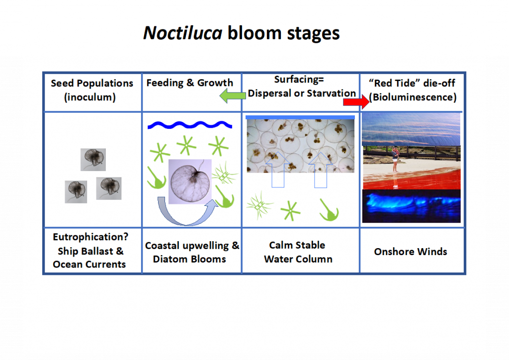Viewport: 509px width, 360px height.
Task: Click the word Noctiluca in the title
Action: click(183, 33)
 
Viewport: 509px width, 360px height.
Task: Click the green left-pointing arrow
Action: click(230, 95)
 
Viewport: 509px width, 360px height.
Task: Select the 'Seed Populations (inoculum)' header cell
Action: click(92, 90)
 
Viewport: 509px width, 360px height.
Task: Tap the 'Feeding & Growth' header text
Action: click(189, 83)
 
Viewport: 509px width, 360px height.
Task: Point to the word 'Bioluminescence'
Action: click(413, 97)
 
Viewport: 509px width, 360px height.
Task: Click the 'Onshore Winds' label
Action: click(411, 252)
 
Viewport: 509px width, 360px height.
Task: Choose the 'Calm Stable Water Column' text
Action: click(298, 252)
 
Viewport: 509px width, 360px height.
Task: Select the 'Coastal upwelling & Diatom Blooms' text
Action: click(192, 252)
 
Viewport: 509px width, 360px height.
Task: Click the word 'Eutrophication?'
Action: click(90, 237)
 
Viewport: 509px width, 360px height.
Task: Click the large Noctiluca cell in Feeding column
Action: click(190, 181)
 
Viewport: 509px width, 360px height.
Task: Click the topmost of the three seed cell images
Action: click(93, 159)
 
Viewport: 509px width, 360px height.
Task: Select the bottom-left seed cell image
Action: click(76, 191)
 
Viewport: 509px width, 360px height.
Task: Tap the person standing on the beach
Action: click(395, 158)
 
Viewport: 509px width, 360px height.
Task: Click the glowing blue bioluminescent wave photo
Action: click(411, 206)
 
